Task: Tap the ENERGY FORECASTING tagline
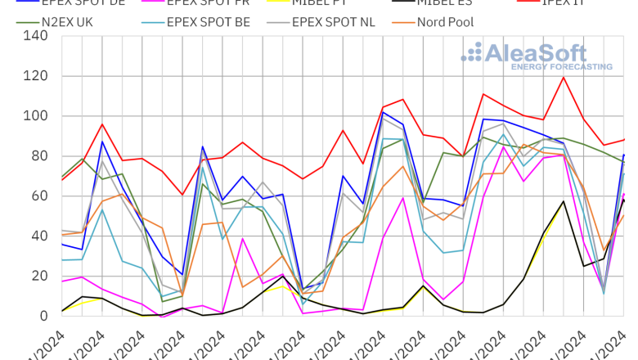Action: (561, 66)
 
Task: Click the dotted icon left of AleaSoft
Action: (472, 52)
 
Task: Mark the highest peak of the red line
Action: (564, 78)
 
